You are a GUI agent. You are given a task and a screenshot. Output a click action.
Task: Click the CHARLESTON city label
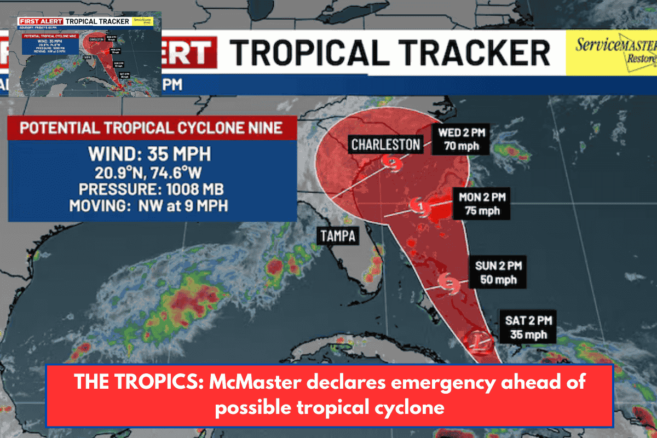click(385, 145)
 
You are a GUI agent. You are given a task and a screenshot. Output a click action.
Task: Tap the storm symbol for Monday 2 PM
click(420, 206)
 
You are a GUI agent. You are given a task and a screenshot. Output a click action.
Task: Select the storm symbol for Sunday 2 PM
click(449, 282)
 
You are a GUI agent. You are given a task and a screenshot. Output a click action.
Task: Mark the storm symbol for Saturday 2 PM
click(478, 340)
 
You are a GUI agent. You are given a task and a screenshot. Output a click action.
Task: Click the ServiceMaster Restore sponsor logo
click(610, 52)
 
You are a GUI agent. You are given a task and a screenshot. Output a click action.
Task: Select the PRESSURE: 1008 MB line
click(153, 190)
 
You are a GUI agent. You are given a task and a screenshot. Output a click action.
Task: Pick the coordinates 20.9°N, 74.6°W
click(153, 173)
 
